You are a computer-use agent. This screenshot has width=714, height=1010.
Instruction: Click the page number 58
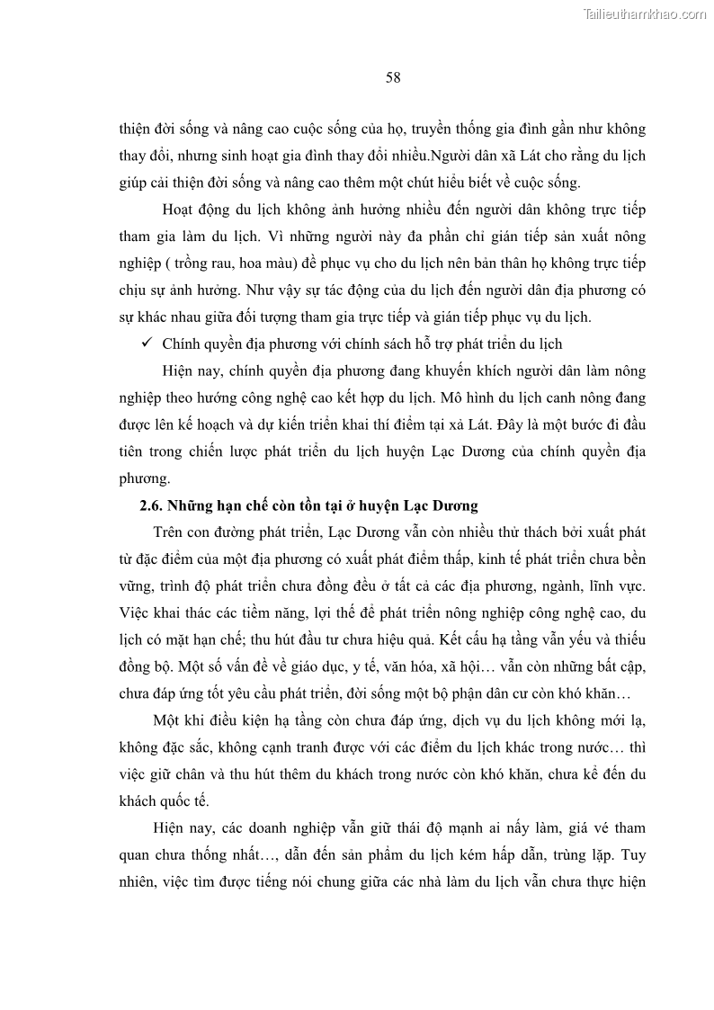[x=393, y=77]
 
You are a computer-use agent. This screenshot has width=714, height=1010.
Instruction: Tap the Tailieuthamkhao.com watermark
[x=646, y=13]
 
